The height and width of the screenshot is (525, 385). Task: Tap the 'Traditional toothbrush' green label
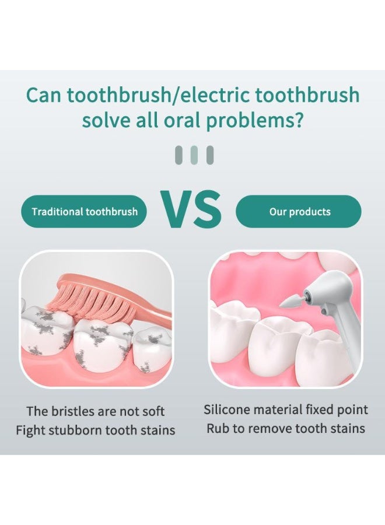click(x=85, y=211)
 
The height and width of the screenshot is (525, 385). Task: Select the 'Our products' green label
click(x=299, y=211)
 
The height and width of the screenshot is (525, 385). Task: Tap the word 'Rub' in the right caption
click(x=217, y=429)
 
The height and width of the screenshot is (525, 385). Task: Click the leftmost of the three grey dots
click(x=179, y=155)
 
